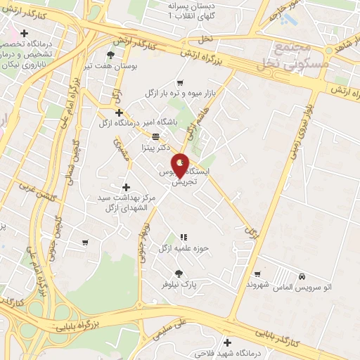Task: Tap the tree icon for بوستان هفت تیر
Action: coord(110,55)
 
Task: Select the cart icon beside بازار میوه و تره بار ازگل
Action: coord(181,82)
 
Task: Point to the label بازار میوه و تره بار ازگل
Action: coord(180,93)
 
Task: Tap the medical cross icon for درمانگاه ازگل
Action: coord(119,112)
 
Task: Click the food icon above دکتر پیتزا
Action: coord(155,137)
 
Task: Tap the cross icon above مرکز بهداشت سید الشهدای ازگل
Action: coord(126,187)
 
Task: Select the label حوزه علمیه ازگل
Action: coord(184,248)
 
